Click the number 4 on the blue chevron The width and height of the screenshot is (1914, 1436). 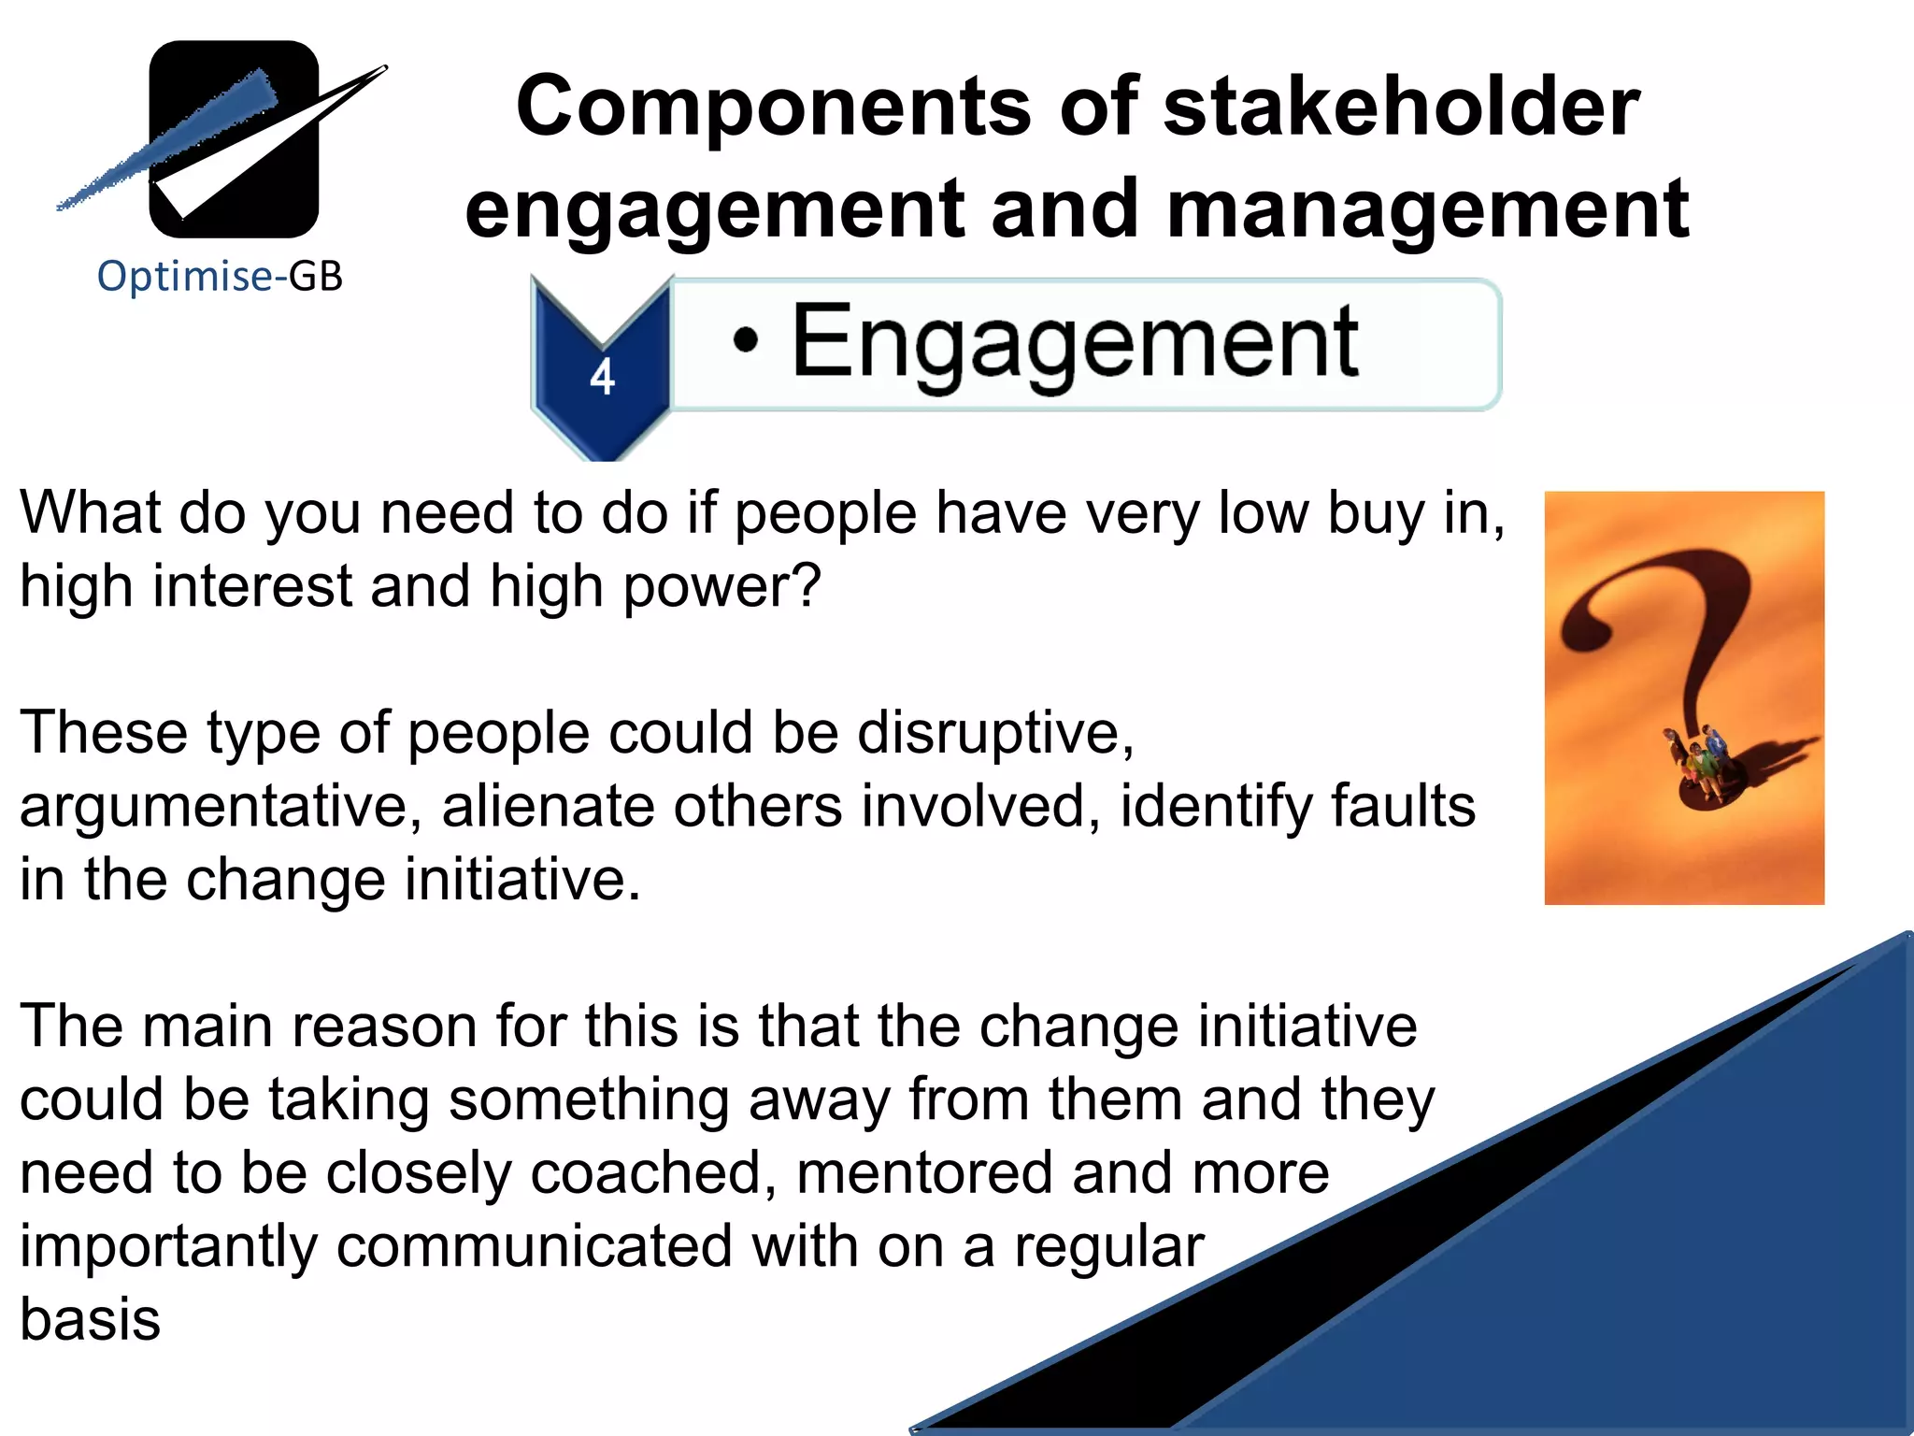tap(602, 378)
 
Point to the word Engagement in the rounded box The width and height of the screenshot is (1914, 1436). tap(1075, 342)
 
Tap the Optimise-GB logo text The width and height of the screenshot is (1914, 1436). tap(221, 277)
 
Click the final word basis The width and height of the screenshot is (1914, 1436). tap(91, 1319)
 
